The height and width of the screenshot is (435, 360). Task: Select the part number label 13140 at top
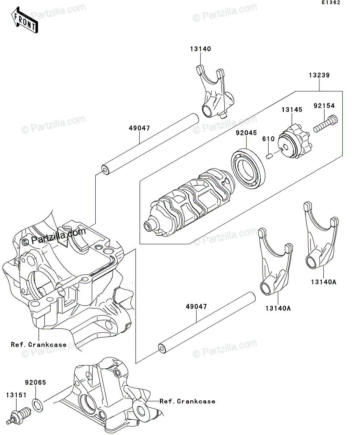tap(199, 49)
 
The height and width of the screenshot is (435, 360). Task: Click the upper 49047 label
tap(139, 128)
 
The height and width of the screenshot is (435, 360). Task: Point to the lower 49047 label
tap(196, 307)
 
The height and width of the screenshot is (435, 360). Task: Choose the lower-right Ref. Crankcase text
tap(187, 401)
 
